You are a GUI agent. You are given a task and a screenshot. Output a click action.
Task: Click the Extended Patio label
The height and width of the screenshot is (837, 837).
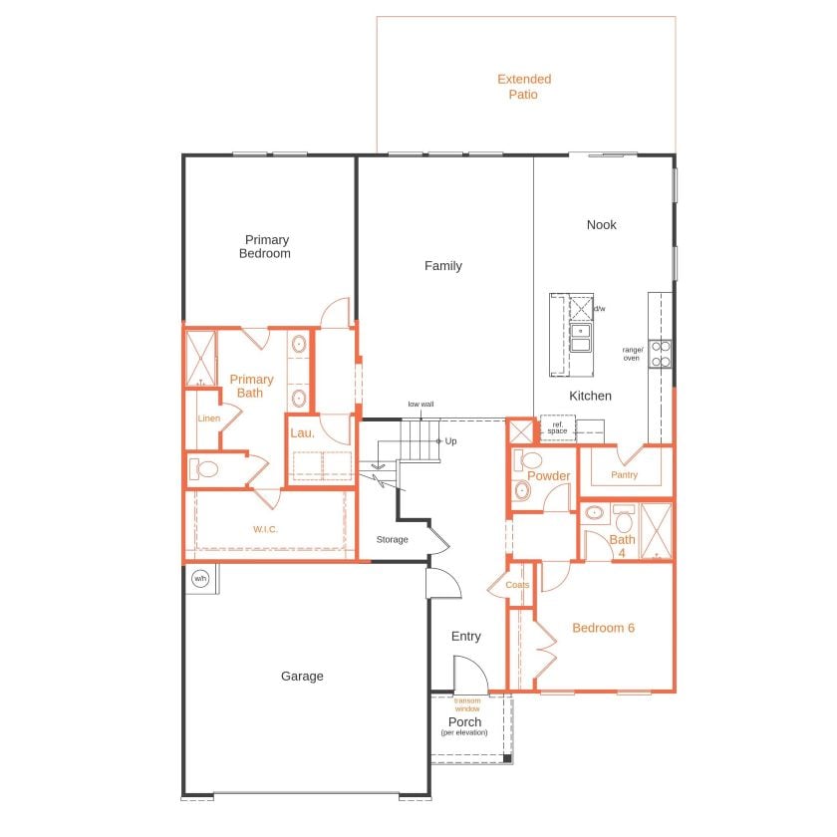pos(524,87)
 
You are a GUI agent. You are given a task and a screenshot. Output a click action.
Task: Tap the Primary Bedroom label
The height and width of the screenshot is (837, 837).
pos(265,246)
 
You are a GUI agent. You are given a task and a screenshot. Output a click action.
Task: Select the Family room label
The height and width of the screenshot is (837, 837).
pos(442,266)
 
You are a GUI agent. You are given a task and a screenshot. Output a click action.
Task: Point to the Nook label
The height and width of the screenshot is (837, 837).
pos(601,225)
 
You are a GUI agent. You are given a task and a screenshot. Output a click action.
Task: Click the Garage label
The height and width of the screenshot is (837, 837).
pos(302,676)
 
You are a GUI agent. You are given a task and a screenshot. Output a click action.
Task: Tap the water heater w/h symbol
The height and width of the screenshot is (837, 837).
pos(199,579)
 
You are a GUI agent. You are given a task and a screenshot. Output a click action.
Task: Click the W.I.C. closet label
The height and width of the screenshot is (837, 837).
pos(265,529)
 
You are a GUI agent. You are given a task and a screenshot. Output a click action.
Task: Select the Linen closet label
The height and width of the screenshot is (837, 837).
pos(208,418)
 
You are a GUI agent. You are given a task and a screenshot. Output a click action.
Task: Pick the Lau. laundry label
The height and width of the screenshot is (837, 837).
pos(302,433)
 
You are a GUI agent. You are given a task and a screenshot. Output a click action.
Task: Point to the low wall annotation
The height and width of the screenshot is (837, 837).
pos(420,405)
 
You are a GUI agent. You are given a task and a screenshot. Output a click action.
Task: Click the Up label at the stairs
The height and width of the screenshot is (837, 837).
pos(451,440)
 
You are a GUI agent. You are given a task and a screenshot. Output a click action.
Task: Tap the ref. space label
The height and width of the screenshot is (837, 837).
pos(557,428)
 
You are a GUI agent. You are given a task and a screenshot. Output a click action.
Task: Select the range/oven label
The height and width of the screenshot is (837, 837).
pos(632,353)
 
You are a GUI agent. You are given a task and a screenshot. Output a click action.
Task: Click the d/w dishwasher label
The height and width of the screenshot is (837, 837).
pos(599,309)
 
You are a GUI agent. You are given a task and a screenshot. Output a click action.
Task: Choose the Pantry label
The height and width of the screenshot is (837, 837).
pos(624,475)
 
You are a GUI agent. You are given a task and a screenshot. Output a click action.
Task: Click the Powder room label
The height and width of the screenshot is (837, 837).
pos(548,476)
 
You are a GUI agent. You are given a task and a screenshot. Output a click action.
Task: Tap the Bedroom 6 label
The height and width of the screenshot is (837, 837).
pos(603,628)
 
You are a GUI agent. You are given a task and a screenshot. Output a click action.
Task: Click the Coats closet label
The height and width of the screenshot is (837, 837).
pos(517,585)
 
